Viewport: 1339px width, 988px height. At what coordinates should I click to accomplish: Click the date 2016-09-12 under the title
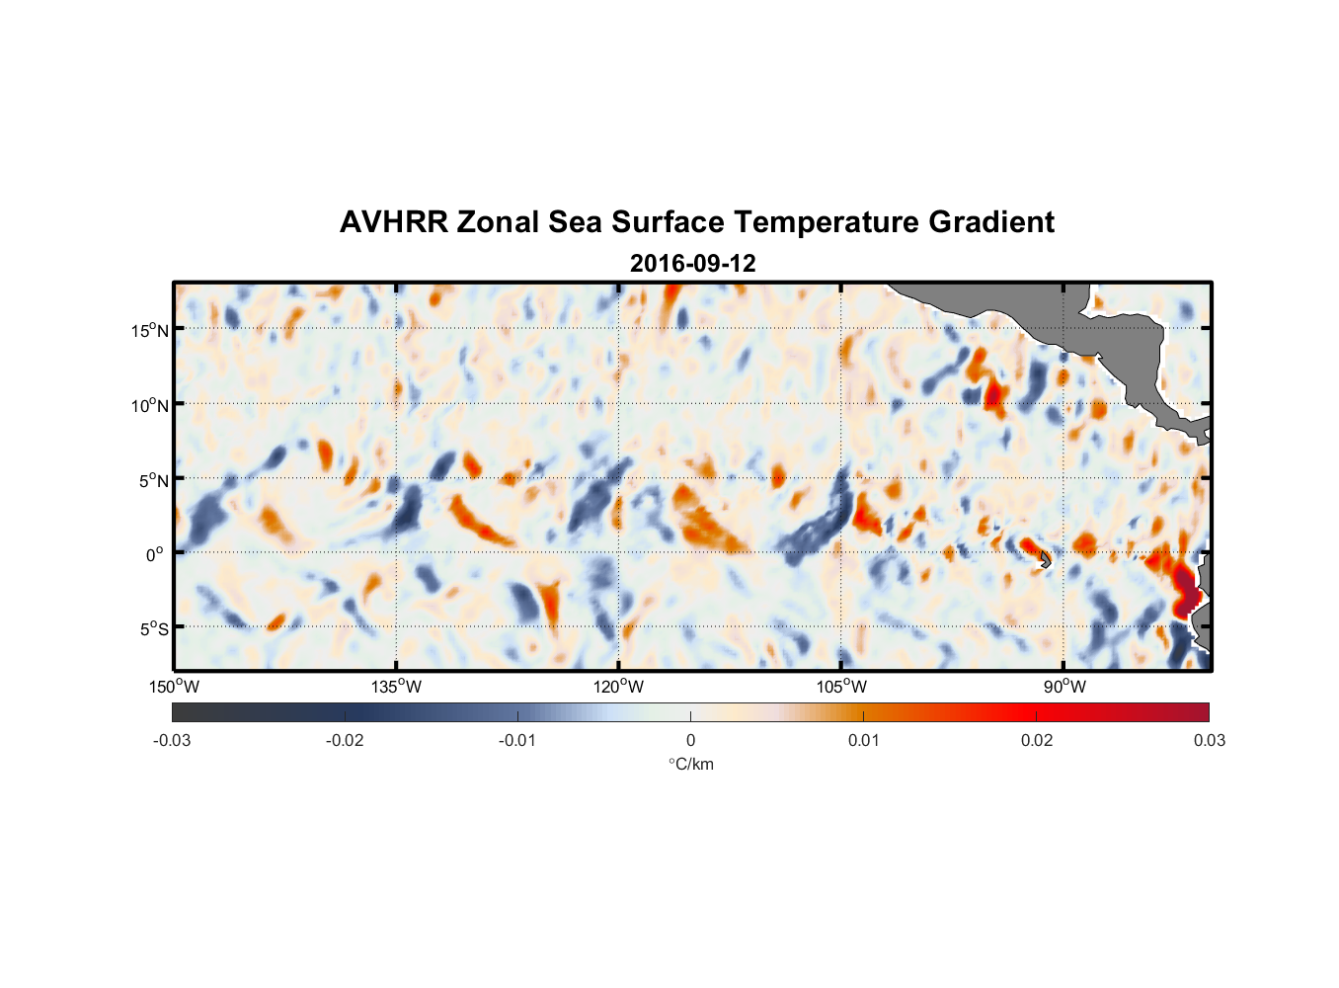pos(692,264)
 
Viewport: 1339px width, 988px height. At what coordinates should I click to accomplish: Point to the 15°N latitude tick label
pos(150,330)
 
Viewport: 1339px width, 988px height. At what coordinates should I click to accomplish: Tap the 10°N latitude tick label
pos(150,405)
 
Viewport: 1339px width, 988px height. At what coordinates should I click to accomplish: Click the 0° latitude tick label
pos(156,554)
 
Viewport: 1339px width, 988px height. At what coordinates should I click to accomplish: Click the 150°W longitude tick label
pos(175,687)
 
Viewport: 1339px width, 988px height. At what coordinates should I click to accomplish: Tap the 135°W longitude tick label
pos(397,687)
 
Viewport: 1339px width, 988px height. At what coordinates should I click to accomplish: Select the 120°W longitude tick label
pos(619,687)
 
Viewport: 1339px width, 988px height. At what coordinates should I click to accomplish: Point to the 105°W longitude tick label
pos(841,687)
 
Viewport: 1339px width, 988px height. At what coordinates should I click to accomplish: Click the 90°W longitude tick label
pos(1064,687)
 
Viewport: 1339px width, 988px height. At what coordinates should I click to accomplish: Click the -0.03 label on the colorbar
pos(172,740)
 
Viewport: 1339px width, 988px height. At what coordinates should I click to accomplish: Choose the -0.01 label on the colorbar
pos(517,740)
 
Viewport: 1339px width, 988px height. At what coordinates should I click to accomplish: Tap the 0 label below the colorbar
pos(690,740)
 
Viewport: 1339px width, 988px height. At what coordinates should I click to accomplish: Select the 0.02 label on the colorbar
pos(1037,740)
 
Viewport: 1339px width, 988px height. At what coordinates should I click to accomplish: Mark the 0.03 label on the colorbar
pos(1209,740)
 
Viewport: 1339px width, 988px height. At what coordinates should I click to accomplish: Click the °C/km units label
pos(691,764)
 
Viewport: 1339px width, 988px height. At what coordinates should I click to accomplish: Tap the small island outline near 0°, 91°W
pos(1045,560)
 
